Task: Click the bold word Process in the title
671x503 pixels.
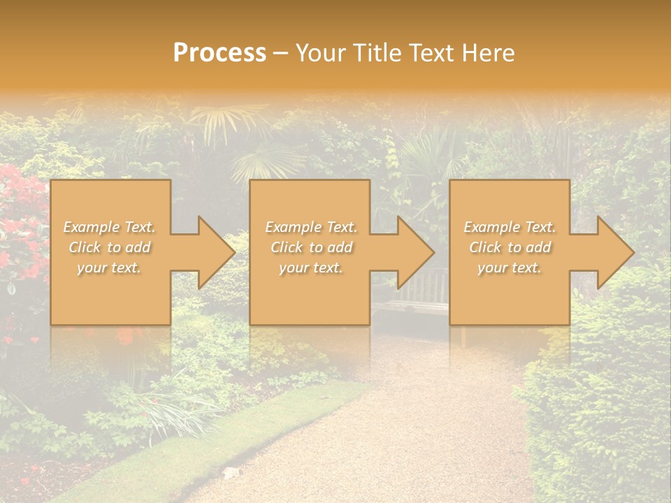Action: pos(219,53)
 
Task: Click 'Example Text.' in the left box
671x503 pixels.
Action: pos(110,227)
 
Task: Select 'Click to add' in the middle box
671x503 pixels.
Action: pos(311,247)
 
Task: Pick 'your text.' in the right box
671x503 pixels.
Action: pos(510,268)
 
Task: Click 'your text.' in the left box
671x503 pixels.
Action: pos(110,268)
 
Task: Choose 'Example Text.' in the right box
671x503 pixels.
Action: pos(510,227)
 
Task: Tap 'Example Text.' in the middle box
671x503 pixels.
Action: pos(311,227)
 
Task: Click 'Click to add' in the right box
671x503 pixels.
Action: pos(510,247)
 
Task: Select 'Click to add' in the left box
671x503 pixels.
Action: pos(110,247)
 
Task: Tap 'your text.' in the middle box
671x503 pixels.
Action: pos(311,268)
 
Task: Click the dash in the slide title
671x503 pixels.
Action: pos(280,54)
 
